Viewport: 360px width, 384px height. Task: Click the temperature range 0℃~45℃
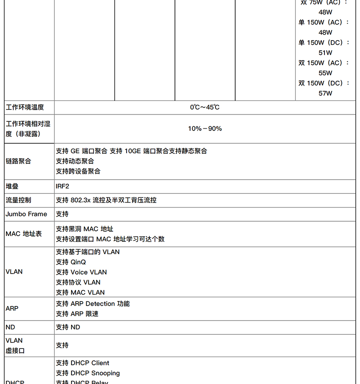(205, 107)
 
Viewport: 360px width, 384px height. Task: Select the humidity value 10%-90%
(205, 129)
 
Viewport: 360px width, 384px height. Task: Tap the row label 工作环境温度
(25, 107)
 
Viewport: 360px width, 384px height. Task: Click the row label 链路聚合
(18, 161)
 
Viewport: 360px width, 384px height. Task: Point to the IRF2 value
(62, 186)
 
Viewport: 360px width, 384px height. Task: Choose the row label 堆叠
(12, 186)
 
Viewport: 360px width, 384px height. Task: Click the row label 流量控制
(18, 200)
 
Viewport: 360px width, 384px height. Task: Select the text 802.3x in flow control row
(81, 200)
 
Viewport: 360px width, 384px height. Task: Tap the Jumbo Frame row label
(26, 214)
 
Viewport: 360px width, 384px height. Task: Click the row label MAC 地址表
(24, 234)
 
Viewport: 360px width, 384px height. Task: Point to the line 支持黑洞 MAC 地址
(84, 229)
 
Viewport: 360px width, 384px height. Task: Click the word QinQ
(78, 262)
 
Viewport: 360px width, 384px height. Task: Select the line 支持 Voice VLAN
(81, 272)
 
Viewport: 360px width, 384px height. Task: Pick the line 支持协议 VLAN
(78, 282)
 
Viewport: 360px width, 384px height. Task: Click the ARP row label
(12, 308)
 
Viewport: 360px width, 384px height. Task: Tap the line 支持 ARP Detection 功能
(93, 304)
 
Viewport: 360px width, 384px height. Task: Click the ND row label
(10, 327)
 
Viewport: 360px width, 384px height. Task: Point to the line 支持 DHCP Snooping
(87, 373)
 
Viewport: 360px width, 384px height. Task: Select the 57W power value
(325, 93)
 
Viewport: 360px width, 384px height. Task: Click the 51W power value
(325, 52)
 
